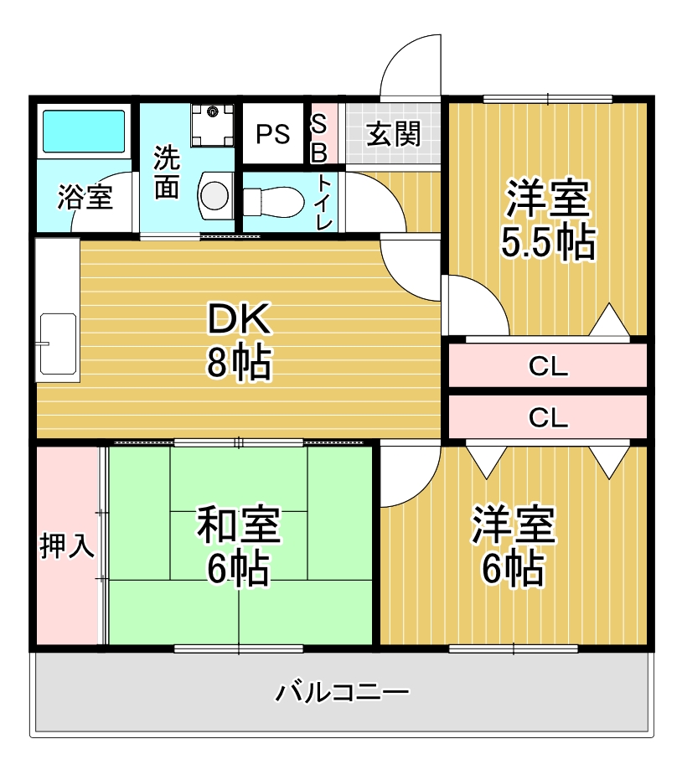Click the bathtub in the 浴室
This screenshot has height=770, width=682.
point(83,130)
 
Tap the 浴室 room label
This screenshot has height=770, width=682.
point(85,199)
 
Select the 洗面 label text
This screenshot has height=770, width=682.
point(167,172)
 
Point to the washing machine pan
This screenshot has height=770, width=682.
point(212,124)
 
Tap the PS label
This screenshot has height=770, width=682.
point(272,134)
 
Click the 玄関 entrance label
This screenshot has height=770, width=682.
point(393,134)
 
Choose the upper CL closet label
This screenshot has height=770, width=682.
point(548,367)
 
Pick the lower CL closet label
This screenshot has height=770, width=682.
point(548,416)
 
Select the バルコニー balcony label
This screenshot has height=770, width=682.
point(343,693)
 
